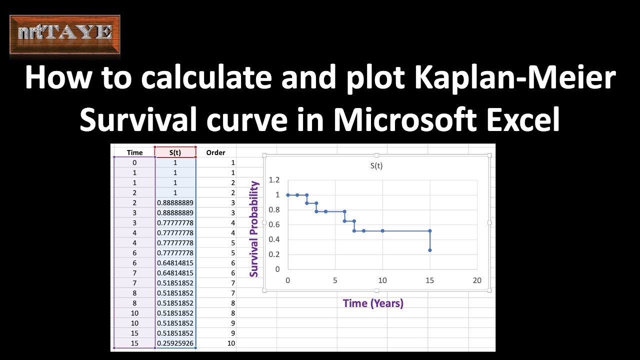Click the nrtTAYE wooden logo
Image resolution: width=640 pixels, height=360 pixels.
[x=65, y=34]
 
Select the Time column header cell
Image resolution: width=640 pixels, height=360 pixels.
[x=134, y=152]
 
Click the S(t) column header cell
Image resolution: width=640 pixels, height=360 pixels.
[x=175, y=152]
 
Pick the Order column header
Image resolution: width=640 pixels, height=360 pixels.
[x=215, y=152]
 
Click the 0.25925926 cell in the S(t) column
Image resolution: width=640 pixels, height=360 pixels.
[x=175, y=343]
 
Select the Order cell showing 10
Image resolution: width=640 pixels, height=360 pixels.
[x=231, y=343]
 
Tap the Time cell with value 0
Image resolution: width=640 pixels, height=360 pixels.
[x=134, y=162]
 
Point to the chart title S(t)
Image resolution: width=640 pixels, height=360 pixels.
[x=376, y=165]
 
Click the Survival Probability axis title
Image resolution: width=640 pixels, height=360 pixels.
[x=254, y=229]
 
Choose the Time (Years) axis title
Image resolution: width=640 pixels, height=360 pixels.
[x=373, y=303]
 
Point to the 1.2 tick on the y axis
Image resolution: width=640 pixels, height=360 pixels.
[x=274, y=179]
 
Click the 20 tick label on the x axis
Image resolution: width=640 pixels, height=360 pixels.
[x=477, y=280]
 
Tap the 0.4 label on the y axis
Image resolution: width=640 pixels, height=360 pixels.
[x=274, y=239]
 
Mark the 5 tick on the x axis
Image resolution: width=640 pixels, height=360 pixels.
[x=335, y=280]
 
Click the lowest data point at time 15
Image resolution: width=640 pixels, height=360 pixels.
[x=430, y=250]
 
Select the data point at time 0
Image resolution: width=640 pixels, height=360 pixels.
[x=288, y=195]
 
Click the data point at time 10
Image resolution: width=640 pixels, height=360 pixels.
[x=382, y=231]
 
